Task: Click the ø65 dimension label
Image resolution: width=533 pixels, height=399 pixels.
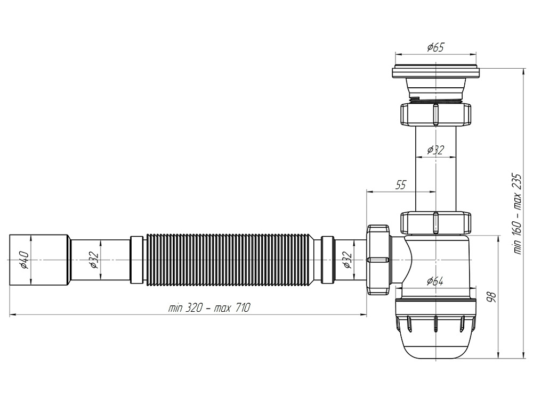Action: coord(435,48)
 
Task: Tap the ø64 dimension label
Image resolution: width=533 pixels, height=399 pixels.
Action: coord(435,281)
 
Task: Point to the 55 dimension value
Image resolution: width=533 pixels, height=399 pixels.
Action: coord(400,185)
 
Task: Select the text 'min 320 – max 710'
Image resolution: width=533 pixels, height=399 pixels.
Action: coord(209,308)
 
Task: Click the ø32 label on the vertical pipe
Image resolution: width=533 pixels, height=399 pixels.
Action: coord(435,150)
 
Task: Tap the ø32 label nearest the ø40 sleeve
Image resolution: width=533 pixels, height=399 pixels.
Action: coord(93,259)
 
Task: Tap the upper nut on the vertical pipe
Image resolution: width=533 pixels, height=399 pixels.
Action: coord(435,114)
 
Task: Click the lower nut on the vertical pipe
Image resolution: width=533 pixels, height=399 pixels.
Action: coord(435,222)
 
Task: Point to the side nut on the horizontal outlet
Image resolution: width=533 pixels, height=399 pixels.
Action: coord(378,259)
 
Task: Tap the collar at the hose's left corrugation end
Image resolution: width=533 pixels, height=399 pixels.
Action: coord(138,259)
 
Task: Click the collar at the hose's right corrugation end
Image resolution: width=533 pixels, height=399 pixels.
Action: coord(326,259)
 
